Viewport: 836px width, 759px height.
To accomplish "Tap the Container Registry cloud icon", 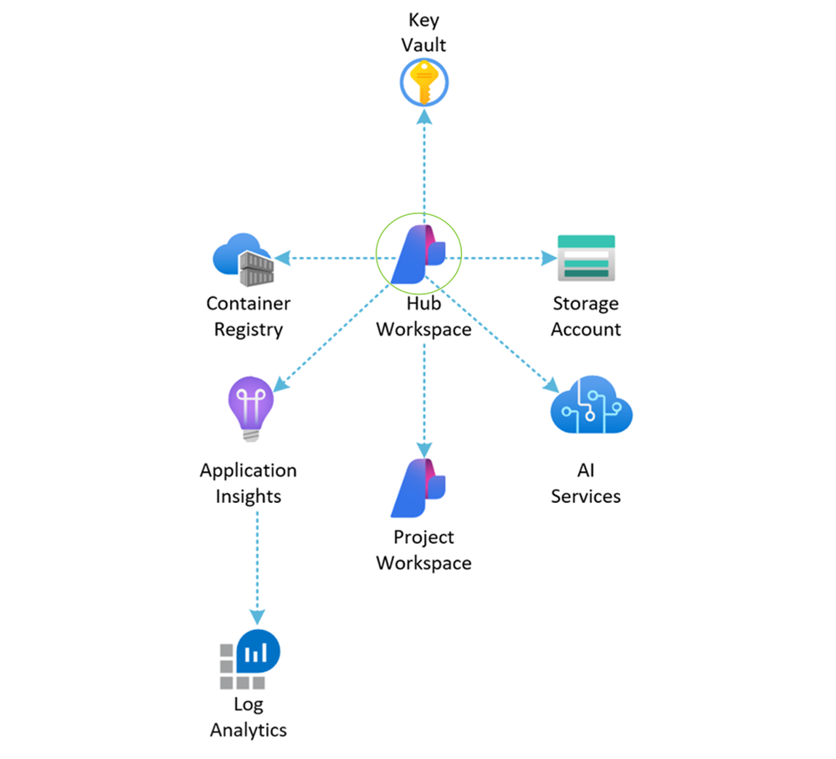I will (x=243, y=258).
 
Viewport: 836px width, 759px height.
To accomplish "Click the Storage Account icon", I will (x=586, y=258).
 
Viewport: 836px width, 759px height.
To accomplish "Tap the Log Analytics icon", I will (x=250, y=655).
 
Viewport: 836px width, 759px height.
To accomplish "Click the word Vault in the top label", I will (x=423, y=46).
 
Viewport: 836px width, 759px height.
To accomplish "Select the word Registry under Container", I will (x=249, y=330).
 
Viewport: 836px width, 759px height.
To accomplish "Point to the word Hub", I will (x=423, y=304).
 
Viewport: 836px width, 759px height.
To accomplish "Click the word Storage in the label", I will (x=586, y=304).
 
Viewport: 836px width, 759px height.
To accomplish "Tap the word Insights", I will (x=249, y=496).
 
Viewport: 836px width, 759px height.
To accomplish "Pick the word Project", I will (x=423, y=537).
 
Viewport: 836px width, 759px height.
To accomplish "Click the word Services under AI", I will (x=586, y=496).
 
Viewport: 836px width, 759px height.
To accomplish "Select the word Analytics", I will (x=249, y=730).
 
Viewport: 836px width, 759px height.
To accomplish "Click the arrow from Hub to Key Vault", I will (x=424, y=167).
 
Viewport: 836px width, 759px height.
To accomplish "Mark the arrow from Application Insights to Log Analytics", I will (x=256, y=569).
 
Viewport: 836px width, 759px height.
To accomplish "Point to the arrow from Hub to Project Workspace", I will (x=424, y=393).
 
